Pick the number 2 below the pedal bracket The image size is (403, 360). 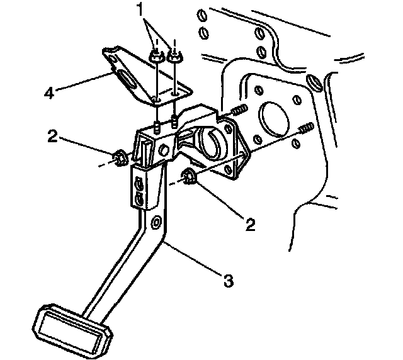(251, 223)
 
